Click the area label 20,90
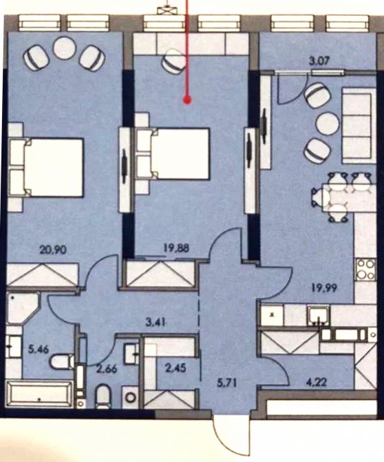click(53, 250)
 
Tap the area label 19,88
click(176, 248)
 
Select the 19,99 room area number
click(325, 288)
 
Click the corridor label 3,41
click(156, 323)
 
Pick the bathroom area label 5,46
click(39, 350)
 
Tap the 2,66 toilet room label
click(107, 368)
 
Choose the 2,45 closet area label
click(176, 368)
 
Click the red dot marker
click(187, 101)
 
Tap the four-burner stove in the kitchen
click(365, 270)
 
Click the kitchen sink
click(319, 315)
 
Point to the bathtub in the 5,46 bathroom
click(40, 394)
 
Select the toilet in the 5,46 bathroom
click(62, 362)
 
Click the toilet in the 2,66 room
click(103, 396)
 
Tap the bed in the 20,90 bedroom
click(45, 168)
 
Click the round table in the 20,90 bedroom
click(63, 48)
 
